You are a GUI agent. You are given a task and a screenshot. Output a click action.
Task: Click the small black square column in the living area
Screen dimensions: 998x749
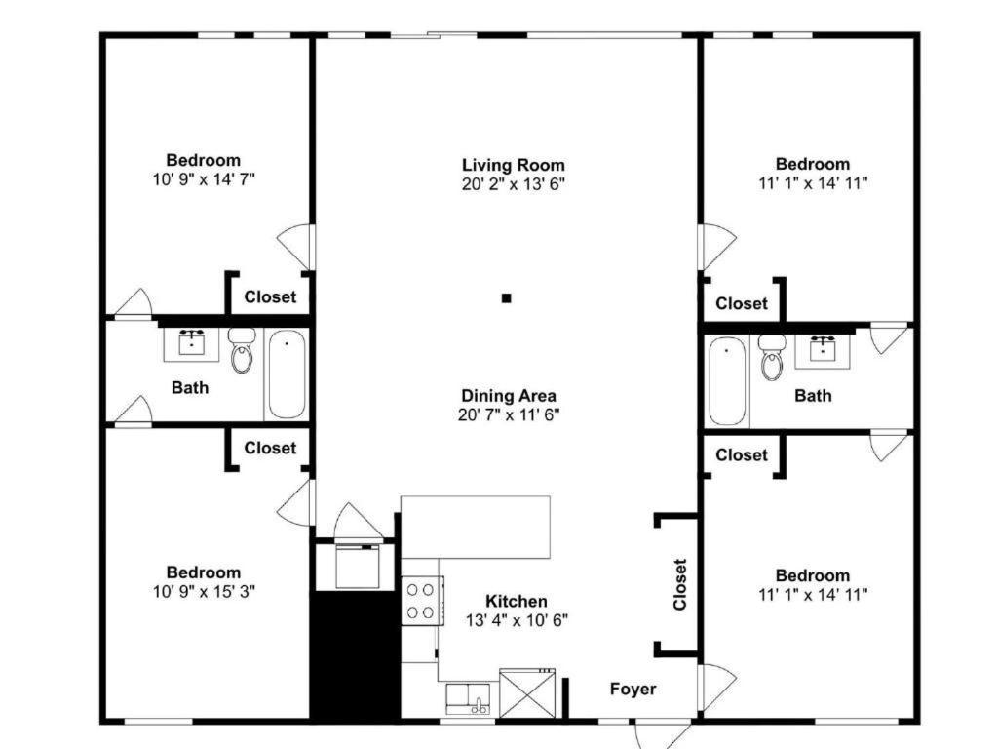tap(506, 297)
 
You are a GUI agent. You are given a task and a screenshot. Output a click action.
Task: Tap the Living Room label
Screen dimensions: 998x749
tap(513, 165)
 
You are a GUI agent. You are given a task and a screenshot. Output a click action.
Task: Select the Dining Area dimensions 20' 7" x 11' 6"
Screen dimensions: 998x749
tap(509, 414)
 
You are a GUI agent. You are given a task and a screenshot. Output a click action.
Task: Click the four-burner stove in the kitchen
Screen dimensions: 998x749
tap(422, 600)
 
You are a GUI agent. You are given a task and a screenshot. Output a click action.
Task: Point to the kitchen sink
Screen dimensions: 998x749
tap(468, 698)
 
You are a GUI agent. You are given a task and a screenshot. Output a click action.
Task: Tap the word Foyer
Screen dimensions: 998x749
tap(633, 689)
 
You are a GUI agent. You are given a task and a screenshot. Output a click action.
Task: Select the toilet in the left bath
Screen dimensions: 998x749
tap(242, 350)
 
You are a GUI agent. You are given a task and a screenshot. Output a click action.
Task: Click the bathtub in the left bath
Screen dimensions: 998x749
tap(287, 374)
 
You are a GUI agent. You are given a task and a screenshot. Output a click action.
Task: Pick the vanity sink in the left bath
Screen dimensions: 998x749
tap(191, 344)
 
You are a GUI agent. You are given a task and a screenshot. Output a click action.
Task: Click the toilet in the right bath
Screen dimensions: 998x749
tap(772, 357)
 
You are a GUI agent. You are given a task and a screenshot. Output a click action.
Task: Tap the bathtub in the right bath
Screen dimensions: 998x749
tap(727, 381)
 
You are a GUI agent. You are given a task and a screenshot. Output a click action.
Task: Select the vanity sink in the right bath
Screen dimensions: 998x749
tap(823, 351)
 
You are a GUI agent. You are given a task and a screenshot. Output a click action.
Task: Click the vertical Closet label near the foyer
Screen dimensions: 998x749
tap(680, 585)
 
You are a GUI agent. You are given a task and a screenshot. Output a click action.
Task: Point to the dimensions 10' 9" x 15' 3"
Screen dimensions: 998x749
tap(204, 591)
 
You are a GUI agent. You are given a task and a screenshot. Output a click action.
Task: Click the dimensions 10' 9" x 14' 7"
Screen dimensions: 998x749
tap(204, 179)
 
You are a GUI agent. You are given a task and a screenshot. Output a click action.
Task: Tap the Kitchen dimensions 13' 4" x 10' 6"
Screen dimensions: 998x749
tap(517, 619)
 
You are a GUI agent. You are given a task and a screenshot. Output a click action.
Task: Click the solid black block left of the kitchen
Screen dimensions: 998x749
tap(354, 656)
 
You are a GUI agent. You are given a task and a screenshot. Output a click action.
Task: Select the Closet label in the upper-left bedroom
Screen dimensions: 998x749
tap(270, 296)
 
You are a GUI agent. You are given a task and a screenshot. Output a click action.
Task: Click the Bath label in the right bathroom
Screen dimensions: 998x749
tap(813, 396)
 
